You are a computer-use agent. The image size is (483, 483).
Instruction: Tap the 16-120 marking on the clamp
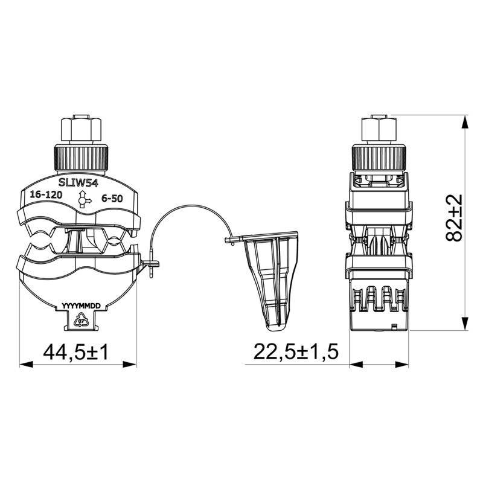[46, 196]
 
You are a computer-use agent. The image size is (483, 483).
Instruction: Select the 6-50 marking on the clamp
[113, 197]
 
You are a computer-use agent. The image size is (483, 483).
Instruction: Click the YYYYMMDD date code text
[82, 307]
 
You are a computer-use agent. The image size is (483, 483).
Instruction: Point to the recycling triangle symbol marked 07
[81, 321]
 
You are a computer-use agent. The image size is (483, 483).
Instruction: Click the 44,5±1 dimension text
[75, 352]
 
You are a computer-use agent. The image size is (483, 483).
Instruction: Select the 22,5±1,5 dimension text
[296, 352]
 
